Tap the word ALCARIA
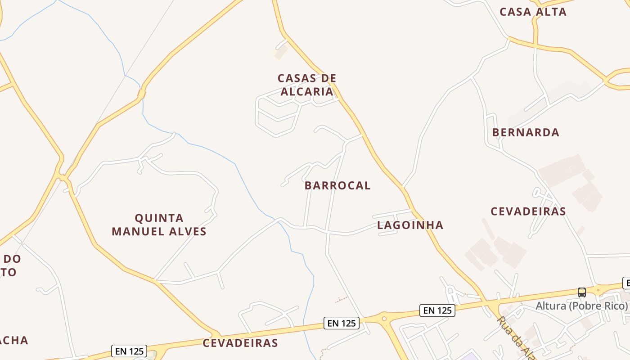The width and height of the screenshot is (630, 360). (307, 91)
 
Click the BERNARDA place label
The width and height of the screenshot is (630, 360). (526, 132)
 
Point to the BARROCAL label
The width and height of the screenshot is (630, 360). (337, 185)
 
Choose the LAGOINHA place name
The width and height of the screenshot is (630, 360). (410, 225)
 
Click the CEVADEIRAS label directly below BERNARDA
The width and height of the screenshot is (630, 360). (528, 211)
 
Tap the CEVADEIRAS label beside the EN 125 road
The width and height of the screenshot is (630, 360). (240, 343)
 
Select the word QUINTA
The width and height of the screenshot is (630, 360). (159, 218)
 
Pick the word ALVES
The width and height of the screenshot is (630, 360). (188, 232)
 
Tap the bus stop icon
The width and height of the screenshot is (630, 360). (581, 292)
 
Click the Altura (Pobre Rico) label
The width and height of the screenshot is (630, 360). (581, 306)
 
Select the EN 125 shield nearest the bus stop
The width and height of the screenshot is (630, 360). (437, 310)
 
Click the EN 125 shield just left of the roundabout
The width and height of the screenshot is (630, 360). (342, 323)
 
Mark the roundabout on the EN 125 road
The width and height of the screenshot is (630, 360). (384, 319)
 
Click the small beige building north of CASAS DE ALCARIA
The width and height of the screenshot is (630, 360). (280, 52)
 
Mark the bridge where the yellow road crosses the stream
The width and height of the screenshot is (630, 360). (142, 94)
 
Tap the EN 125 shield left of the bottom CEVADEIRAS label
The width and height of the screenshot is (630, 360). (129, 351)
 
